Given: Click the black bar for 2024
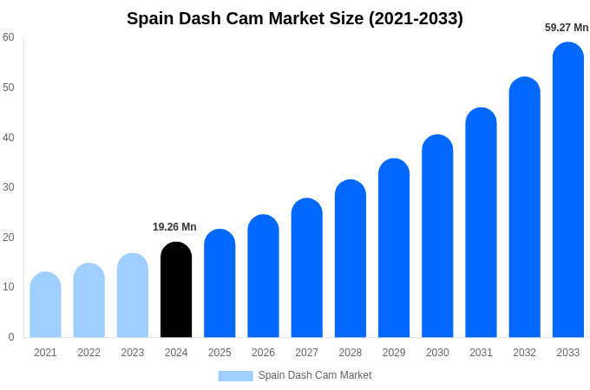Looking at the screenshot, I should pos(176,290).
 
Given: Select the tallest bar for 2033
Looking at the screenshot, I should pos(568,191).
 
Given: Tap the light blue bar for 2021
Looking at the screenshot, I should pos(45,305).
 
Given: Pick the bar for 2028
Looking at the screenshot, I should pos(351,259).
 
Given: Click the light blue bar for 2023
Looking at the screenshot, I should pos(133,296).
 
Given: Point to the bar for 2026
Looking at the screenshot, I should pos(263,276).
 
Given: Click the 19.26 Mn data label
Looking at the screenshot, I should pos(174,227).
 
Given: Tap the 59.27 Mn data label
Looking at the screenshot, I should pos(567,28).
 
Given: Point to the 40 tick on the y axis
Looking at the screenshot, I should pos(9,137).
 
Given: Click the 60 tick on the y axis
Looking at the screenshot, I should pos(9,37).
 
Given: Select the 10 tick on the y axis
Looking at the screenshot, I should pos(9,287).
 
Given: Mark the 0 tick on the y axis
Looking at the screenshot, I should pos(11,337).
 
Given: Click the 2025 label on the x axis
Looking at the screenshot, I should pos(220,353).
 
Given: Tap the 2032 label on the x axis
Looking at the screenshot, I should pos(524,353).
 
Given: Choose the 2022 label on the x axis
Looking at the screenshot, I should pos(88,353).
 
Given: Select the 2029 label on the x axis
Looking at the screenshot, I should pos(394,353).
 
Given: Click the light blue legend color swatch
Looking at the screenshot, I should pos(235,376).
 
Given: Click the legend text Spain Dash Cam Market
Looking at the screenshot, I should pos(315,375).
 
